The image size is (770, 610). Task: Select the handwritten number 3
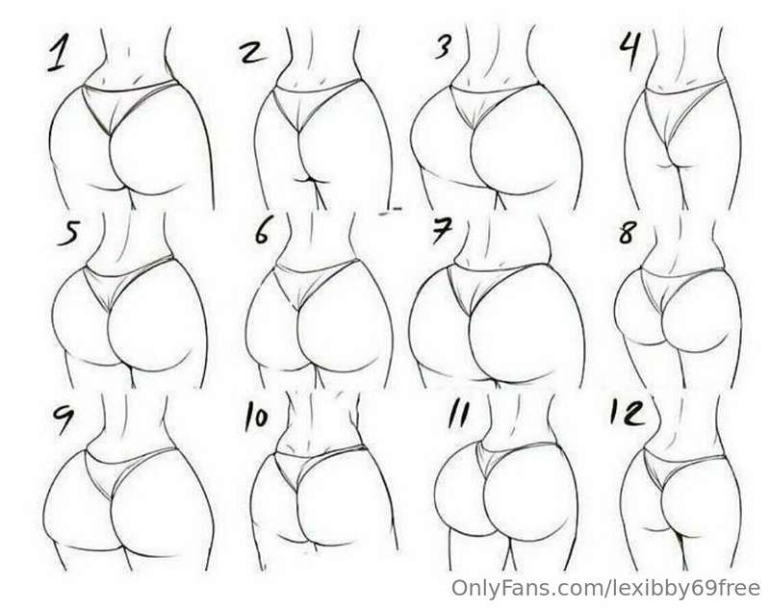tap(444, 47)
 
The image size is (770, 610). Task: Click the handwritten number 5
tap(68, 233)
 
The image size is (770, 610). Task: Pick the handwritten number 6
tap(262, 231)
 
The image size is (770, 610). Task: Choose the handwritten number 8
tap(628, 233)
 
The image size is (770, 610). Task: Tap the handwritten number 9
tap(63, 419)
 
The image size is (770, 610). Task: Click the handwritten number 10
tap(256, 417)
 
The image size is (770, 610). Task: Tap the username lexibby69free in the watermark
tap(682, 588)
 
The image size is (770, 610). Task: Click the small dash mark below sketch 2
tap(391, 211)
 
